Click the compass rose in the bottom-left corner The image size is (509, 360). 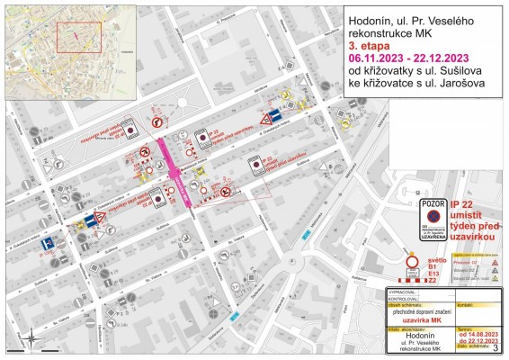coord(31,338)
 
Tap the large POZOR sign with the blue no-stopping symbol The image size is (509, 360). coord(433,220)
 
